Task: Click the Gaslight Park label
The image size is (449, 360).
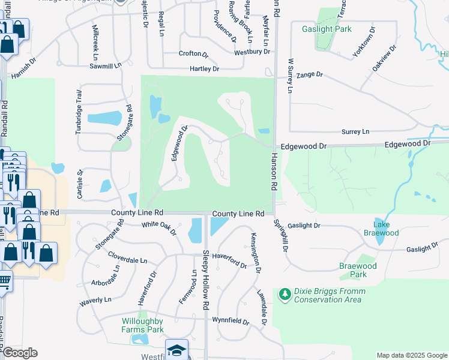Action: point(327,29)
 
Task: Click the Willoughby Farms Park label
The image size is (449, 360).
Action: point(142,325)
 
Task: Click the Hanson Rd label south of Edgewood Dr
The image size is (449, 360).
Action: point(274,171)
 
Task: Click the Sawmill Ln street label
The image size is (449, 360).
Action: point(105,65)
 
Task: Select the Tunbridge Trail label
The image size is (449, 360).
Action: point(79,112)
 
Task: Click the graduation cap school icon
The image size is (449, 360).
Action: point(177,350)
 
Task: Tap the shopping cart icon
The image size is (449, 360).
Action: point(4,280)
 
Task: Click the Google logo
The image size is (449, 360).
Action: point(20,353)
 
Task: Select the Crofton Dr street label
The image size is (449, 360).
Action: point(193,53)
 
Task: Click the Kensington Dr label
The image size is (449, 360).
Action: point(255,252)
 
